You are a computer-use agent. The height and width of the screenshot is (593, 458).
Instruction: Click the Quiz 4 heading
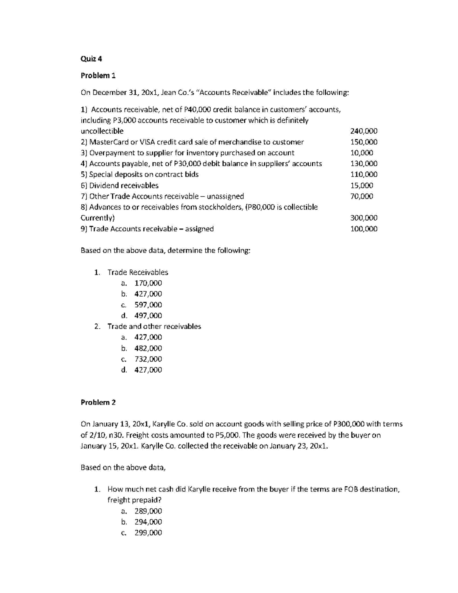pos(91,59)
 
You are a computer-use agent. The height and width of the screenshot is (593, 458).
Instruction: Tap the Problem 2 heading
pos(98,402)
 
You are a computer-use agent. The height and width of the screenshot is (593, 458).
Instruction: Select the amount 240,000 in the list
pos(364,131)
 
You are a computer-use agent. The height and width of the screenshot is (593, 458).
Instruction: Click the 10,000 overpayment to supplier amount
pos(361,153)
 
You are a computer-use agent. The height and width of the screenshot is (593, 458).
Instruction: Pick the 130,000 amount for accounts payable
pos(364,163)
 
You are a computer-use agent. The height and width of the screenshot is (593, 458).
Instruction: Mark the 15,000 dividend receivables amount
pos(361,186)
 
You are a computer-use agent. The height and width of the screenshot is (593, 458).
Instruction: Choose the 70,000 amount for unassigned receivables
pos(361,196)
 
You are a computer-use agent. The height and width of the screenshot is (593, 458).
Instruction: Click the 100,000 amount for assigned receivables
pos(364,229)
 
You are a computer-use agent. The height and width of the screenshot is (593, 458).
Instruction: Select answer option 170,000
pos(148,283)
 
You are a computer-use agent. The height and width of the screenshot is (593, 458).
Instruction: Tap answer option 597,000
pos(148,305)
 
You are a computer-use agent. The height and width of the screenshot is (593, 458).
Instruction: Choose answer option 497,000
pos(148,315)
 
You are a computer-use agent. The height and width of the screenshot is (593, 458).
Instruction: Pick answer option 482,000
pos(148,348)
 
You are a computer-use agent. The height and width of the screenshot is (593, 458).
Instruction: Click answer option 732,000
pos(148,359)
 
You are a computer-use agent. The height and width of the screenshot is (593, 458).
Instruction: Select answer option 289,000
pos(148,511)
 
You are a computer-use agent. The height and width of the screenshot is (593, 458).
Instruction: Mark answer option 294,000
pos(148,522)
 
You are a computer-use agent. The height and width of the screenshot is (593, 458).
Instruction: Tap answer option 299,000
pos(148,533)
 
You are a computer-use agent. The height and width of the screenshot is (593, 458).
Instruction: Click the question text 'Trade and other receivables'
pos(154,326)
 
